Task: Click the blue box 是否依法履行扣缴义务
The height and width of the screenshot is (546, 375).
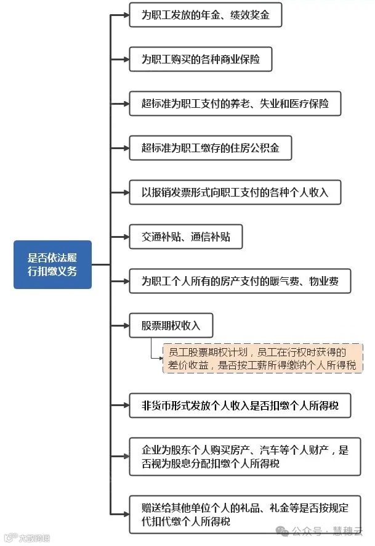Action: (x=52, y=264)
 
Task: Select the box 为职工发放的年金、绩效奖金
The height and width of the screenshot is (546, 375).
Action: (x=205, y=15)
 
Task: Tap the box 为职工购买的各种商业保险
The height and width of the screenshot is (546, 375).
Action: (x=200, y=60)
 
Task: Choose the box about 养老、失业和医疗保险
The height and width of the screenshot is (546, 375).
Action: (x=235, y=104)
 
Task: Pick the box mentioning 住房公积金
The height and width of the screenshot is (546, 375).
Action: (x=210, y=149)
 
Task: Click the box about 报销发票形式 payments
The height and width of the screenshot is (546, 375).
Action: (x=235, y=192)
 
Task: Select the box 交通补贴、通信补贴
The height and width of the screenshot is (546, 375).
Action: (x=185, y=237)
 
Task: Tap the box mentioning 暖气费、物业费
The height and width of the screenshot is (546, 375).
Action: (x=240, y=282)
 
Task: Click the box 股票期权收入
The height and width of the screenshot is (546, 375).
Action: (x=172, y=326)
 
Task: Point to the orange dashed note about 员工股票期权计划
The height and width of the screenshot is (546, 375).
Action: (x=262, y=359)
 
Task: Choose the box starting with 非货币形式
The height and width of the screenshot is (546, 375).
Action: (x=240, y=407)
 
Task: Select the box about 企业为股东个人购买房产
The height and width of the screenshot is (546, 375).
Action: (x=244, y=457)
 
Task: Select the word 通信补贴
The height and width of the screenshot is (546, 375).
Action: (x=211, y=237)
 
